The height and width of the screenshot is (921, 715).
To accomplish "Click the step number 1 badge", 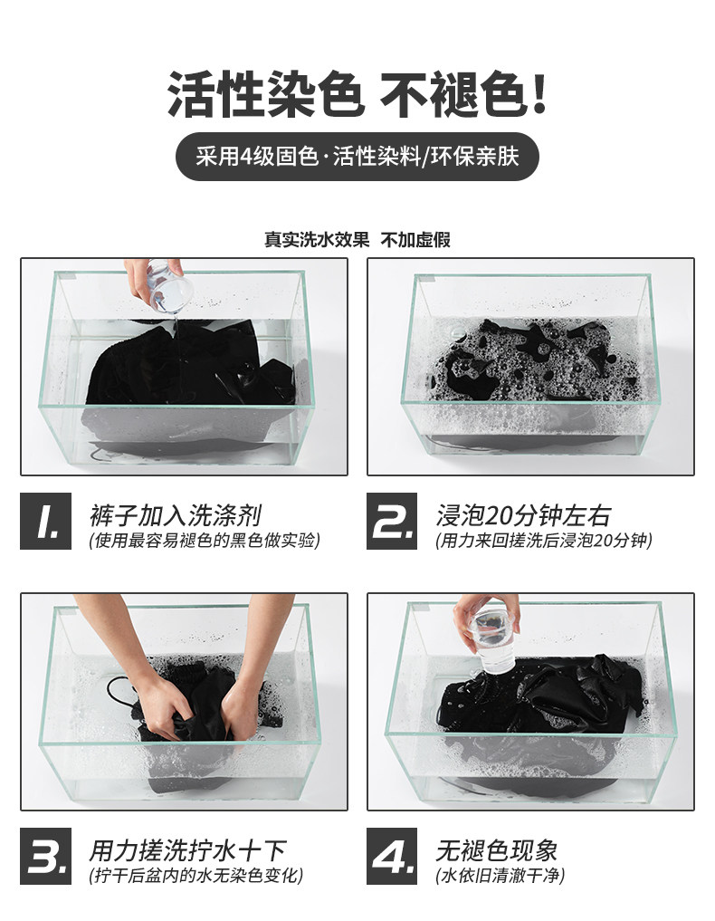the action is click(46, 521).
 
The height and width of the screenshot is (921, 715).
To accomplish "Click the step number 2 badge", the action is click(392, 521).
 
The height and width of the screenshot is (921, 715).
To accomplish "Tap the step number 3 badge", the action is click(46, 857).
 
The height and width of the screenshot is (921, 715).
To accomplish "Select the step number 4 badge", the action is click(392, 857).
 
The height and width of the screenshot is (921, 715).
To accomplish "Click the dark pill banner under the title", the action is click(357, 157).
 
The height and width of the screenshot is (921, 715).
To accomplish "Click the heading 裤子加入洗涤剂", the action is click(176, 515).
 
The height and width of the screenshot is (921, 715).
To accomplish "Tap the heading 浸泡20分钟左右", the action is click(523, 515).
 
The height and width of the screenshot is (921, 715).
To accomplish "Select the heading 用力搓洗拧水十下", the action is click(187, 850).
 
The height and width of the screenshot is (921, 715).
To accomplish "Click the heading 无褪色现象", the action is click(496, 850).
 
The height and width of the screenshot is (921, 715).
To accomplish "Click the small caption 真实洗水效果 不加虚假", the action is click(357, 240).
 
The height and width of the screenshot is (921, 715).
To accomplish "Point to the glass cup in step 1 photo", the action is click(169, 286).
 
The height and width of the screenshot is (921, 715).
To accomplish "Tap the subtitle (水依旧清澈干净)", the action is click(500, 876).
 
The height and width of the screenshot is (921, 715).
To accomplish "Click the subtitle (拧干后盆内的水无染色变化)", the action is click(196, 876).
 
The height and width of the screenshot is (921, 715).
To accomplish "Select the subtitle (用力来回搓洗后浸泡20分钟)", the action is click(544, 541).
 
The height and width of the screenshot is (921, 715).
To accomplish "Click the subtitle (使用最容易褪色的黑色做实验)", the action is click(205, 541).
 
